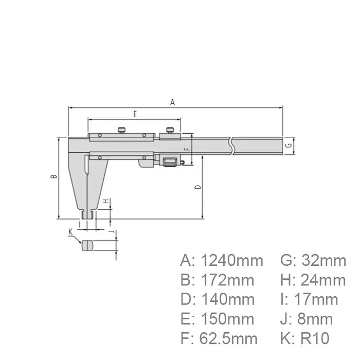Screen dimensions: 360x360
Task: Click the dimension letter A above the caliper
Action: [173, 102]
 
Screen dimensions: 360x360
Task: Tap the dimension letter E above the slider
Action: [135, 114]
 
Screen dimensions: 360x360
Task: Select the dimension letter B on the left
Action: [53, 176]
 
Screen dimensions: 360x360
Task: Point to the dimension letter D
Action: [198, 187]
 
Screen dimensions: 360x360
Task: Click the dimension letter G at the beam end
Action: [289, 146]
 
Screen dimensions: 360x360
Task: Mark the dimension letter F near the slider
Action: [187, 149]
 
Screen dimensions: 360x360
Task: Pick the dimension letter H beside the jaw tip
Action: [104, 201]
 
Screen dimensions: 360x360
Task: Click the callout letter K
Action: [70, 232]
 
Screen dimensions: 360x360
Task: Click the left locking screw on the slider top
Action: [122, 130]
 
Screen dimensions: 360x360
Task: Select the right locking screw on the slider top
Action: [169, 130]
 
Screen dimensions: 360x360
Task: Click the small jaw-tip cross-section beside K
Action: [88, 245]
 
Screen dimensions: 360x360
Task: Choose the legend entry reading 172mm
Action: [225, 280]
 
